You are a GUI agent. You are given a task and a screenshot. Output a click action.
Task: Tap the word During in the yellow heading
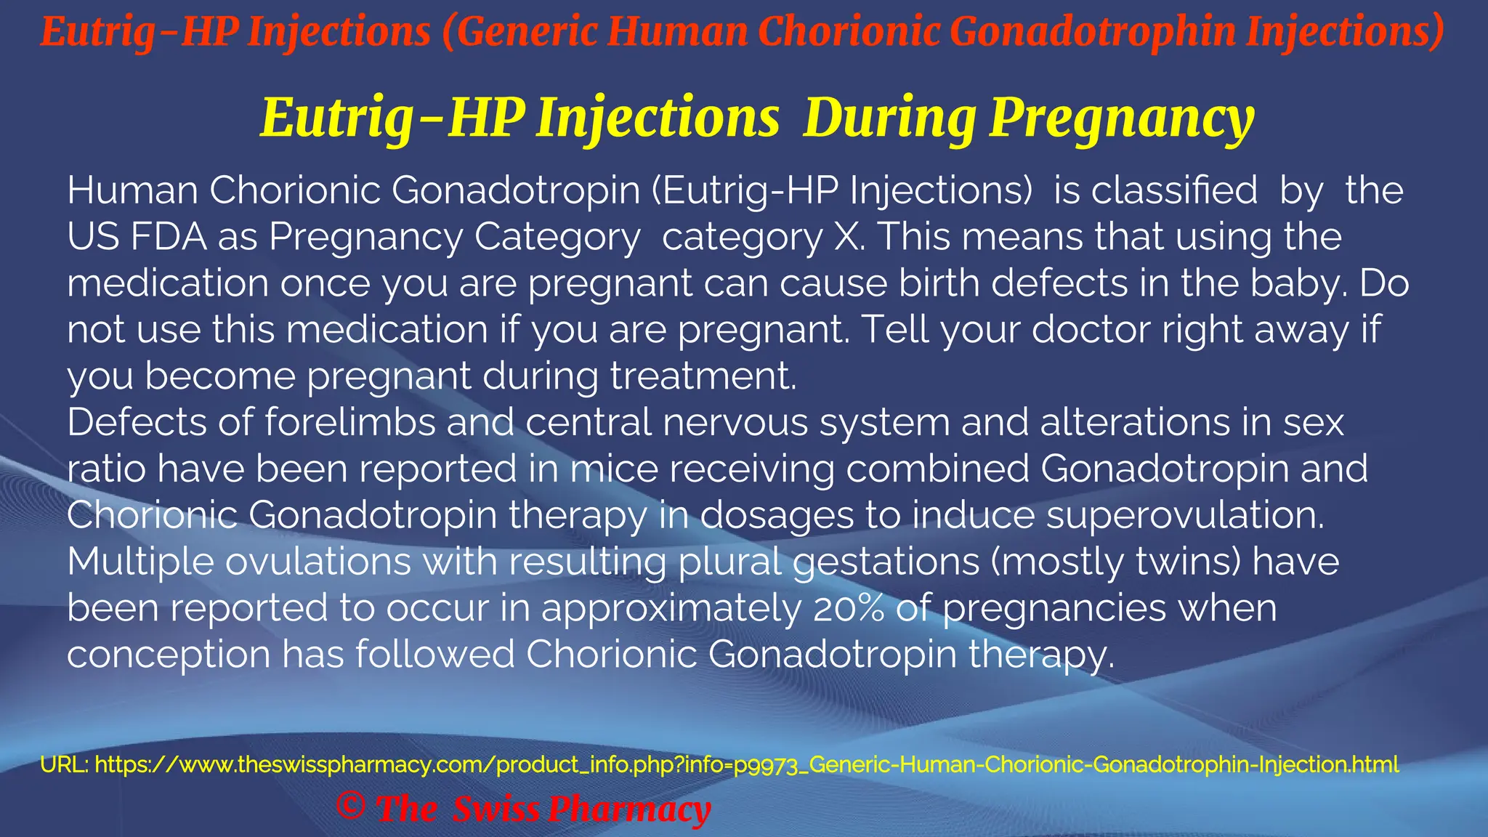[889, 118]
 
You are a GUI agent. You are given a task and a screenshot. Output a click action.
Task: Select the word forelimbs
[349, 422]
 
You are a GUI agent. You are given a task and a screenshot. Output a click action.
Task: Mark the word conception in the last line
[169, 655]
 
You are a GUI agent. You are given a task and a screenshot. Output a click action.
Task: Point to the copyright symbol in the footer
[351, 806]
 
